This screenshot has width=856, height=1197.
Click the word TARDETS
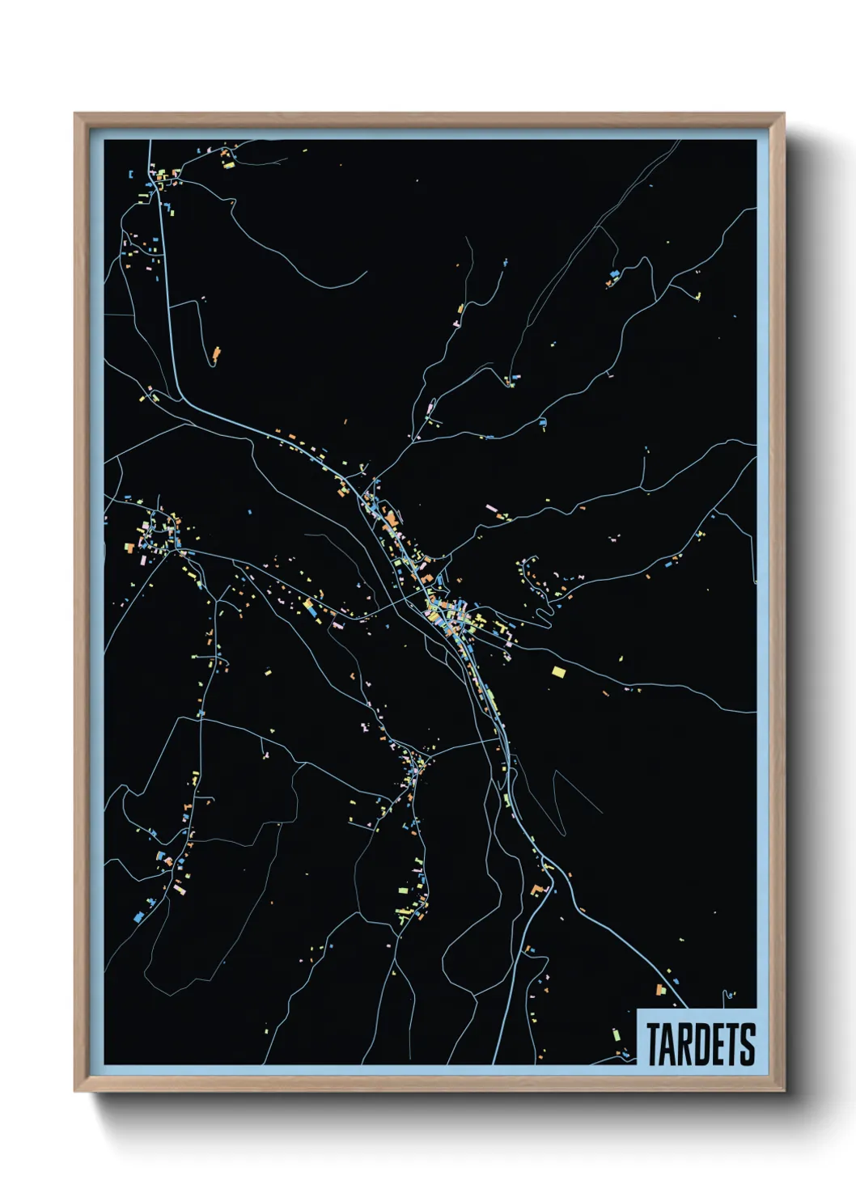click(701, 1044)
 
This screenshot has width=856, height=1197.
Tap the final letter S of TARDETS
click(748, 1044)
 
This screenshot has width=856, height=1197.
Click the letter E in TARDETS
click(717, 1044)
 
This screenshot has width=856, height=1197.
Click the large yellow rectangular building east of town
click(558, 670)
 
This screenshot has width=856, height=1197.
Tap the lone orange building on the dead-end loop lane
click(216, 353)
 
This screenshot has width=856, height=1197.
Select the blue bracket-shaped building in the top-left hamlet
click(129, 174)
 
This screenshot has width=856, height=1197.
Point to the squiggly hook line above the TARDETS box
click(729, 994)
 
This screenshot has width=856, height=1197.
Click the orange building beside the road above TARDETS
click(660, 989)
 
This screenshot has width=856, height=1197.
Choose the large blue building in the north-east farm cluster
click(614, 275)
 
